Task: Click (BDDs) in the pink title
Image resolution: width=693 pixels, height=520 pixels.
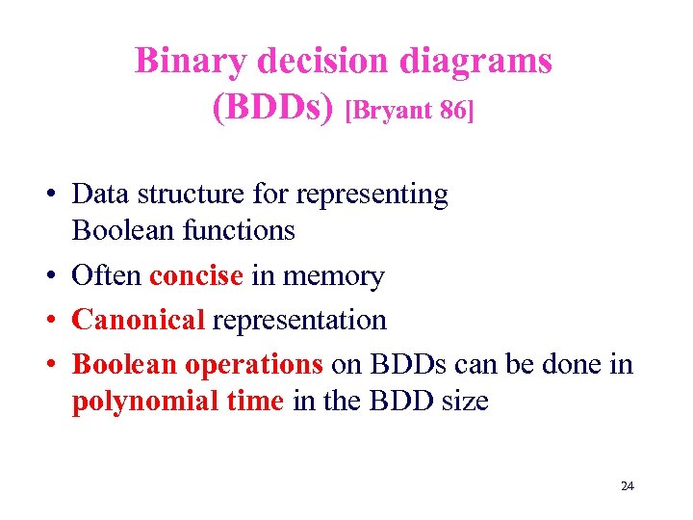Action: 273,108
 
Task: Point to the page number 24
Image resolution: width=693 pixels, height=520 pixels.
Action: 628,486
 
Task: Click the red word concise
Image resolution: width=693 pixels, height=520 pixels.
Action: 196,276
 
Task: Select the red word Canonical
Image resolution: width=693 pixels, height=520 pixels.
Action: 139,319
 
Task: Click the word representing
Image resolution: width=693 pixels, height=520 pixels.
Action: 372,195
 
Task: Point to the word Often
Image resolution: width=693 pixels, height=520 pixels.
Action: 108,276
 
